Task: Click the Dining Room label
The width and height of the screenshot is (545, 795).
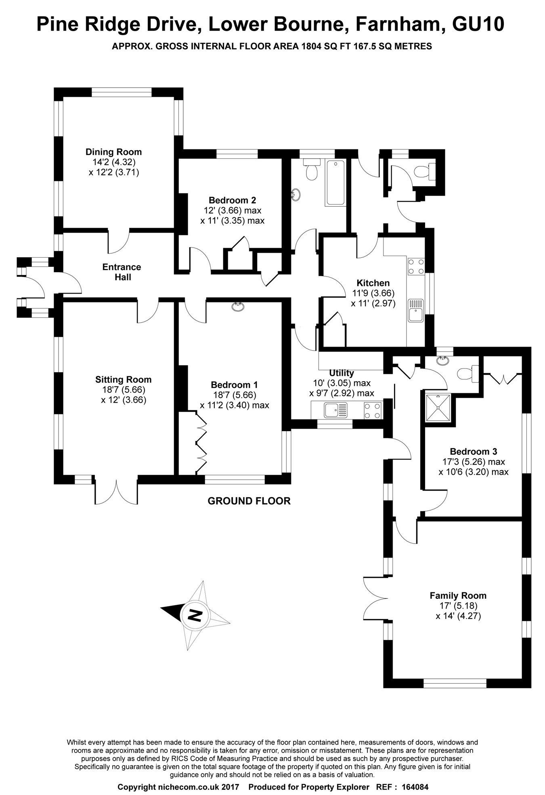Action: click(113, 152)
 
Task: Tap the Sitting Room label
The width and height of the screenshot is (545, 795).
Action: click(123, 380)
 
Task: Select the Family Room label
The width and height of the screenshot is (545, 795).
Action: click(458, 596)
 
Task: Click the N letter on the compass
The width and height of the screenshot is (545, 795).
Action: click(195, 616)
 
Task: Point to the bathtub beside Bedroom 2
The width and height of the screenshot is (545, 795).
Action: click(335, 183)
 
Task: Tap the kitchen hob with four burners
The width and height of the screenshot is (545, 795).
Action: click(416, 266)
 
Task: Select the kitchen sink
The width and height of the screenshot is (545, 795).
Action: click(416, 310)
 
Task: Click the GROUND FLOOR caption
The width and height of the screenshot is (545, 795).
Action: click(249, 501)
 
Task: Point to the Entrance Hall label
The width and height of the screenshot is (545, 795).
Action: click(122, 272)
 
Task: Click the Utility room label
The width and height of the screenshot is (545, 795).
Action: click(342, 373)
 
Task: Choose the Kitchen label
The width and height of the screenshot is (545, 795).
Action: click(373, 283)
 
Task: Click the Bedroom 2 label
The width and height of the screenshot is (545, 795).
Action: click(232, 200)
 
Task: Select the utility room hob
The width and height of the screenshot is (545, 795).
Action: click(372, 411)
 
